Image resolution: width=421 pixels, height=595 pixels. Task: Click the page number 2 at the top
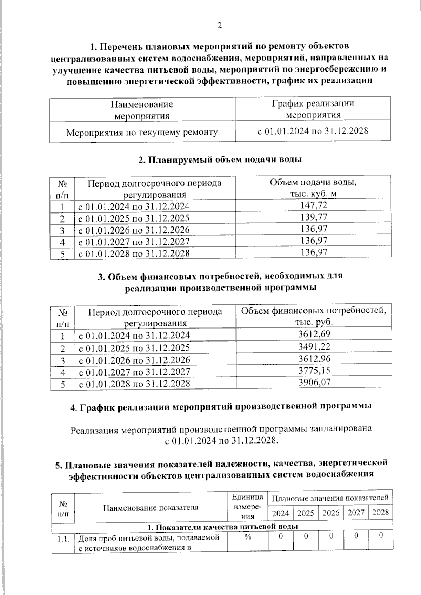(220, 26)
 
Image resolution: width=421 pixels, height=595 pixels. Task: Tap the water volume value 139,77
(314, 217)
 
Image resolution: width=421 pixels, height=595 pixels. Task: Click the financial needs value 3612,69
(314, 334)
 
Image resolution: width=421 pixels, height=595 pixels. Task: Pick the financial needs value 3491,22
(314, 347)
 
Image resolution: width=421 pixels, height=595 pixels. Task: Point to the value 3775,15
(314, 370)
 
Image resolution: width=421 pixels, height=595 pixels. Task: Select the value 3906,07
(314, 382)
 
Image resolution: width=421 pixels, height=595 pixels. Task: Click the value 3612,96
(314, 359)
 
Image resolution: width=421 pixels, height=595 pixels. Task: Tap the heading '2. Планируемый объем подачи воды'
(220, 160)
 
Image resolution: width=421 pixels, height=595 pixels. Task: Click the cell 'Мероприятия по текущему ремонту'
(142, 133)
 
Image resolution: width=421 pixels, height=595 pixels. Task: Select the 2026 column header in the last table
(331, 513)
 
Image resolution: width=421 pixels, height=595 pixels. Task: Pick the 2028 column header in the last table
(380, 513)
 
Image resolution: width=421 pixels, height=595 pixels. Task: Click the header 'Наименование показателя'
(151, 507)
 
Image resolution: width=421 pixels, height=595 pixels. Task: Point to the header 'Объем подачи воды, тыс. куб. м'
(313, 188)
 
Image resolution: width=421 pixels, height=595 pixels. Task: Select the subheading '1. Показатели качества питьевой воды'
(222, 527)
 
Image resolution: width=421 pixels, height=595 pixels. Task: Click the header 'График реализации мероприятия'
(313, 109)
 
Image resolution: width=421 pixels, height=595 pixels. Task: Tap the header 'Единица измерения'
(248, 507)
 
